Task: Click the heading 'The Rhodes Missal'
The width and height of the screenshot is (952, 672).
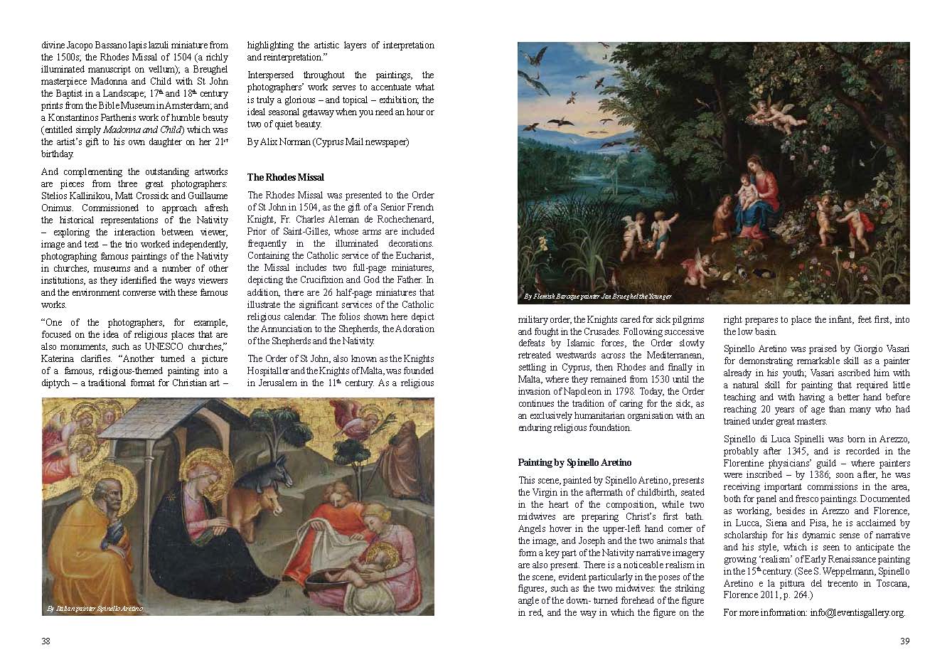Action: pos(285,177)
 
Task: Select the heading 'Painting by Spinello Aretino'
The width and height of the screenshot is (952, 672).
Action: pos(574,462)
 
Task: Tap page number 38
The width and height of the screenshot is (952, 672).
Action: pos(46,641)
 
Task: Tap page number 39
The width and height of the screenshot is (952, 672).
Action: pos(904,641)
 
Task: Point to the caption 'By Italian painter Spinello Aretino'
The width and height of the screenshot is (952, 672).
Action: pos(95,609)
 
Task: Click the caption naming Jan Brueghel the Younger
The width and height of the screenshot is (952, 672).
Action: pos(597,296)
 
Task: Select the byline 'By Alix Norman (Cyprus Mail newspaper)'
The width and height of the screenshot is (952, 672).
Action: pos(328,142)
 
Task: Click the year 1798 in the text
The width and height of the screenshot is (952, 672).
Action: pos(650,391)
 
